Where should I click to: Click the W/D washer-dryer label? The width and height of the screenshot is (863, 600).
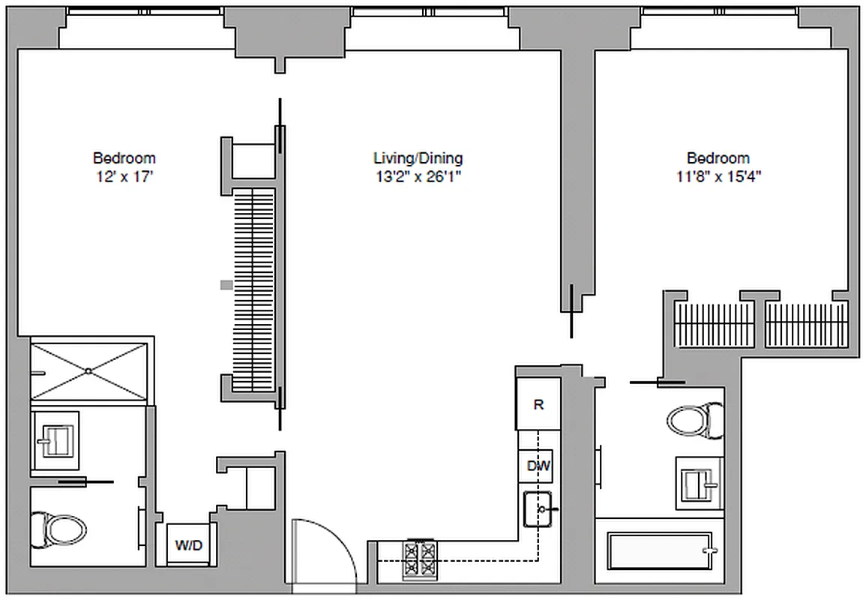[188, 545]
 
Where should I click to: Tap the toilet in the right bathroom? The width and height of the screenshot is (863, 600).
[693, 420]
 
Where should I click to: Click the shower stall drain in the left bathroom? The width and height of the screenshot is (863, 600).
[88, 370]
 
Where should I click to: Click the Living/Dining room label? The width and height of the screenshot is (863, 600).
[418, 158]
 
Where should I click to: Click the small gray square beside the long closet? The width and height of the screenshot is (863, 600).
[226, 284]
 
